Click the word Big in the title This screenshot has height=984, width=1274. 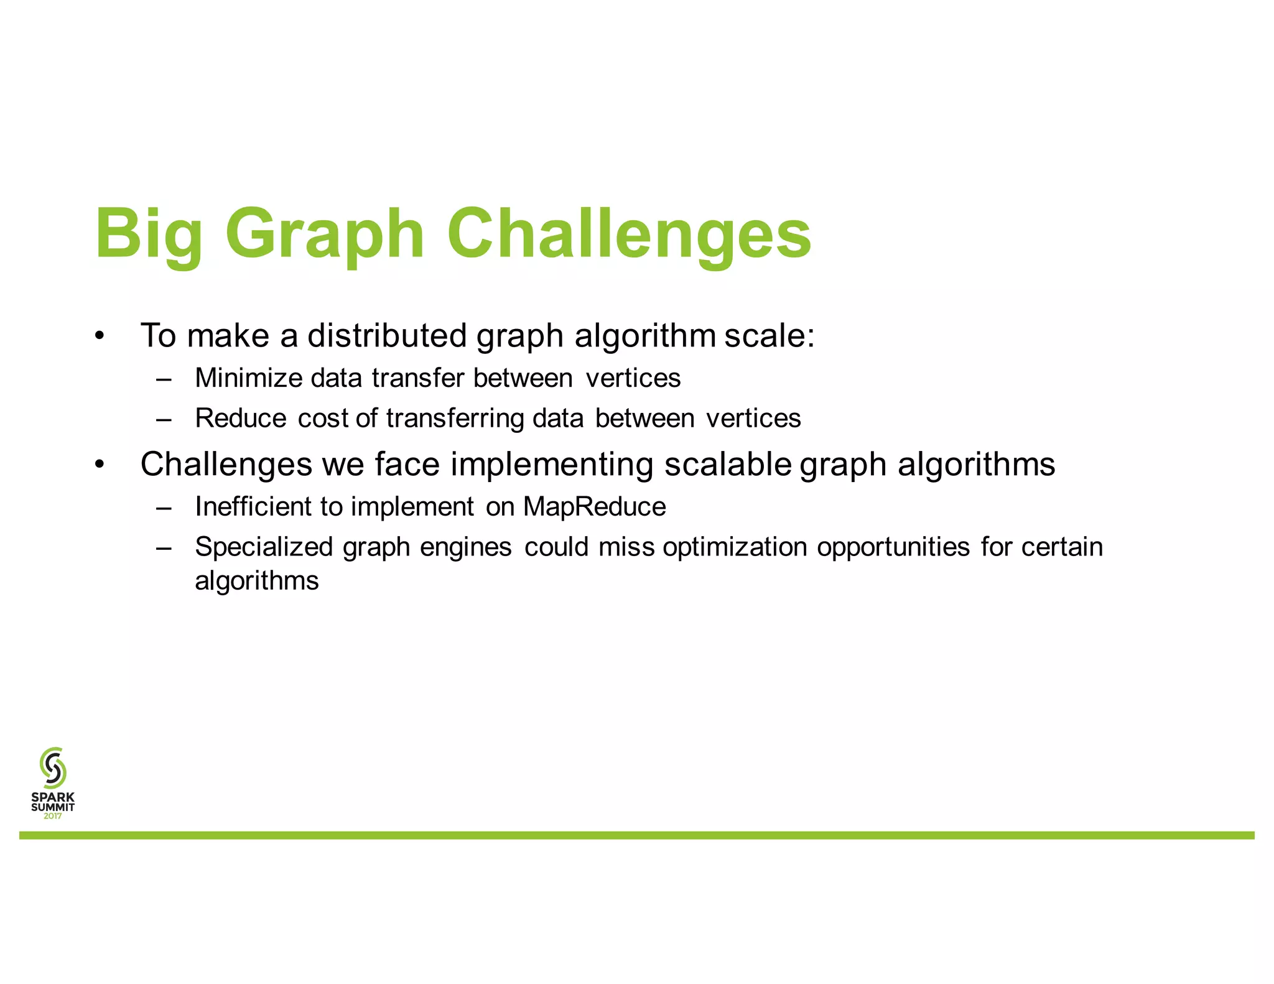click(x=149, y=235)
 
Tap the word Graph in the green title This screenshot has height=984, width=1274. click(x=324, y=235)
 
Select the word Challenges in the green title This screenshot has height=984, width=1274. click(x=628, y=234)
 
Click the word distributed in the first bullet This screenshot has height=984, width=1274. click(x=386, y=336)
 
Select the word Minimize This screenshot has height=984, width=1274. click(x=248, y=378)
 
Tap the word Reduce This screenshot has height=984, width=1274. click(x=241, y=418)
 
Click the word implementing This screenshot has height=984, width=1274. click(x=551, y=465)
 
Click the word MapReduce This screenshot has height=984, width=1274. click(x=594, y=506)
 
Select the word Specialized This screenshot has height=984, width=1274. click(x=264, y=547)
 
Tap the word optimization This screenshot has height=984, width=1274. click(x=735, y=547)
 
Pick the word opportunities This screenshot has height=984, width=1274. click(x=893, y=547)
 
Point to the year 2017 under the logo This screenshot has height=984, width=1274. click(x=53, y=816)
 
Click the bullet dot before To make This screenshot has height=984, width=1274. click(x=100, y=337)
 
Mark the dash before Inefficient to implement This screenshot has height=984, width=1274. click(x=164, y=508)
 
